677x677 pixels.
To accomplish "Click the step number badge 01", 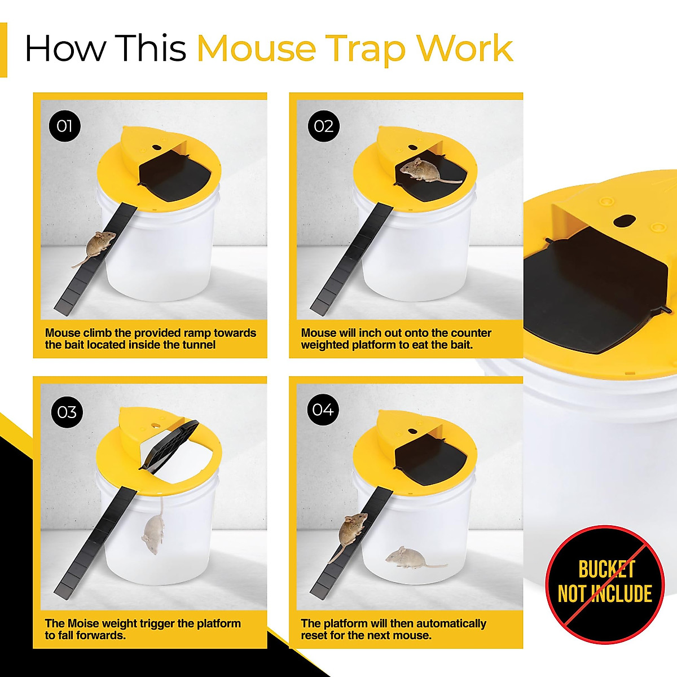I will click(65, 126).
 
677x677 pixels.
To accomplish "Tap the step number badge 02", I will click(323, 126).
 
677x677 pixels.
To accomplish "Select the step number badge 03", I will click(67, 412).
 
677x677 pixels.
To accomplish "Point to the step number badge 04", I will click(323, 410).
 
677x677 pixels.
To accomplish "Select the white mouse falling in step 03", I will click(153, 530).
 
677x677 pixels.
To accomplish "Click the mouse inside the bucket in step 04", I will click(409, 558).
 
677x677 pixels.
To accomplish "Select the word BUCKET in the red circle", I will click(607, 570).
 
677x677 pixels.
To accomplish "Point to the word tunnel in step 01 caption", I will click(197, 345).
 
